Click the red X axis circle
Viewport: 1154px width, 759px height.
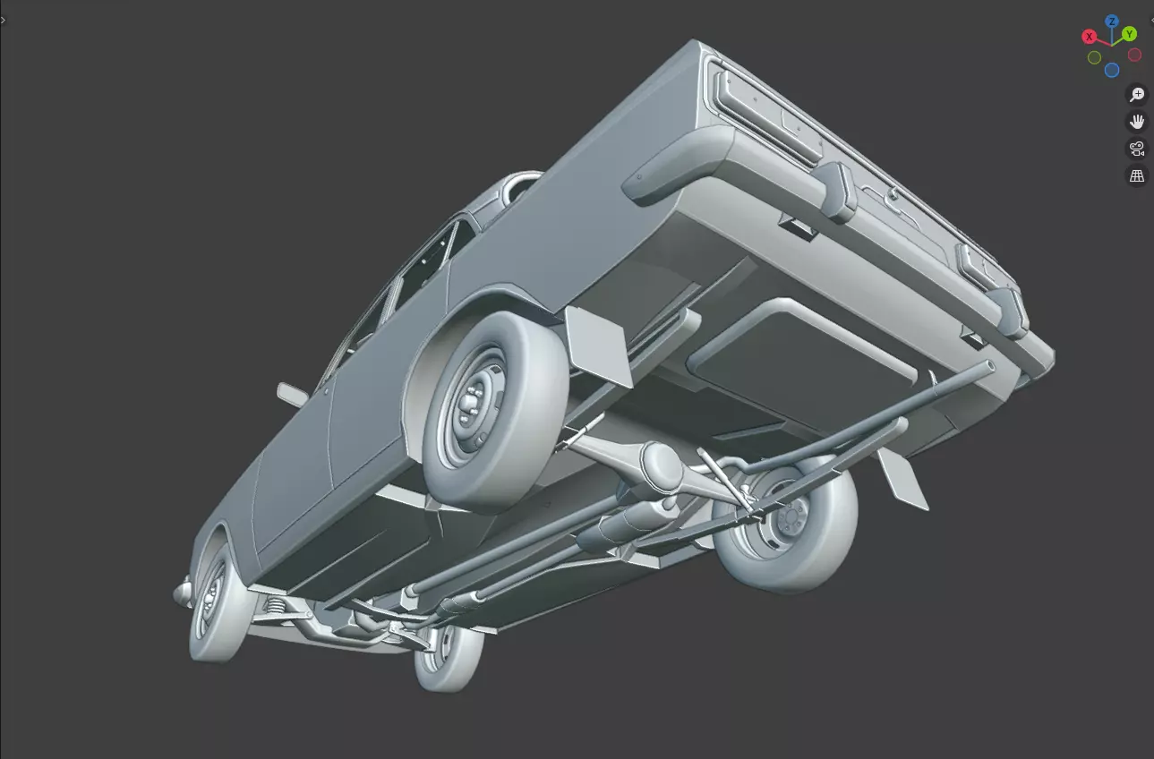pos(1090,37)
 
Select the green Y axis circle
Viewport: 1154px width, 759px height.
pos(1130,34)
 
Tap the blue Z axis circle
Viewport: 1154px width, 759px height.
pos(1111,21)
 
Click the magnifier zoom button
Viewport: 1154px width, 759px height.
pos(1137,95)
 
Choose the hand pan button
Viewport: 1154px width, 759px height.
pos(1137,122)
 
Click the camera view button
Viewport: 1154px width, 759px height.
pos(1137,149)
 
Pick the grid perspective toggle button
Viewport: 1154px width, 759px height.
pos(1137,176)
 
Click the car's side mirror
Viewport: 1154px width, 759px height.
pos(293,394)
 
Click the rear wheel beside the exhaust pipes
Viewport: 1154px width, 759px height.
pos(788,528)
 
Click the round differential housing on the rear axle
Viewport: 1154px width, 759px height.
pos(663,464)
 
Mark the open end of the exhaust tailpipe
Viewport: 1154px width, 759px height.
pos(987,367)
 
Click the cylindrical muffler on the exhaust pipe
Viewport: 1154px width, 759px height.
pos(618,528)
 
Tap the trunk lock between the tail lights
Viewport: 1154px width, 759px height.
pos(892,194)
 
